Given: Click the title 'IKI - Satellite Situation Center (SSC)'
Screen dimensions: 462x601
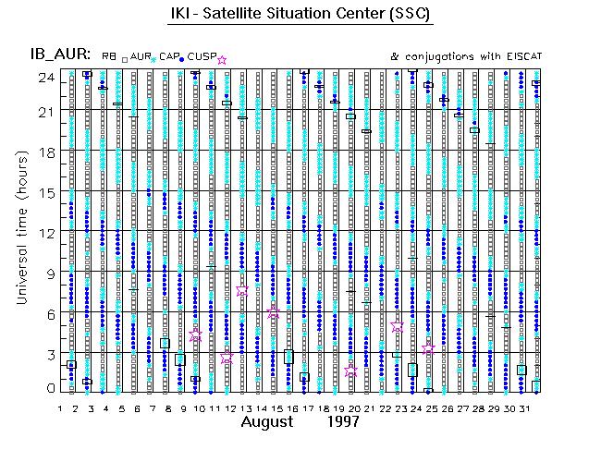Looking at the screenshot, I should [300, 15].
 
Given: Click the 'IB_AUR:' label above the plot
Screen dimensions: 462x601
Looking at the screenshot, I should [55, 56].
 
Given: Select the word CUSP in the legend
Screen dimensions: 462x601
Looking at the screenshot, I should [202, 57].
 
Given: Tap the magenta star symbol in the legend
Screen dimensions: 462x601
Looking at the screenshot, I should [221, 60].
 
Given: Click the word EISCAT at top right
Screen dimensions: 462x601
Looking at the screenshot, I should [521, 57].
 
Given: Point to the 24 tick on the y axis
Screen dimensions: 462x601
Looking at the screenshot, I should [44, 78].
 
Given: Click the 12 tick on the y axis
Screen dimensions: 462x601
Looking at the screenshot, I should [44, 232].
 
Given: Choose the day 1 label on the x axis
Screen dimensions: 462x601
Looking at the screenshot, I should [60, 409].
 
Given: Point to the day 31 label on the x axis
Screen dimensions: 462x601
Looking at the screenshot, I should [521, 409].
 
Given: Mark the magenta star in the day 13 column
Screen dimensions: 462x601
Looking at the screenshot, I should [242, 289].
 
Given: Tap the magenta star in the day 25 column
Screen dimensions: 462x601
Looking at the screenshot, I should [428, 348].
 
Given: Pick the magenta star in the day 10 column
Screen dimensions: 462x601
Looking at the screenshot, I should [195, 335].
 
